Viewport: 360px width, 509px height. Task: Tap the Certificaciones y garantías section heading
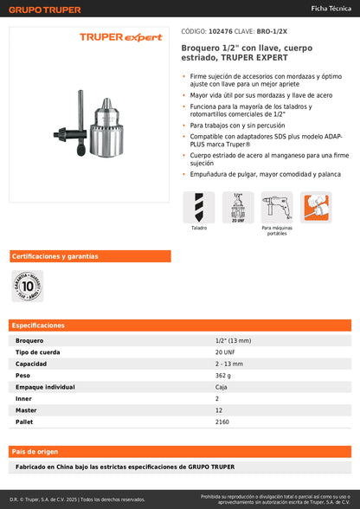[x=55, y=256]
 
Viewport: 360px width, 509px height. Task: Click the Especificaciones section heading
[x=38, y=325]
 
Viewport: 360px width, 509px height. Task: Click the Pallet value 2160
[x=222, y=422]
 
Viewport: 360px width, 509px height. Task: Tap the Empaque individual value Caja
[x=221, y=387]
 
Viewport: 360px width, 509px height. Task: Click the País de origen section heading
[x=35, y=452]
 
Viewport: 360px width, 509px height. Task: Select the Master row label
[x=26, y=410]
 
